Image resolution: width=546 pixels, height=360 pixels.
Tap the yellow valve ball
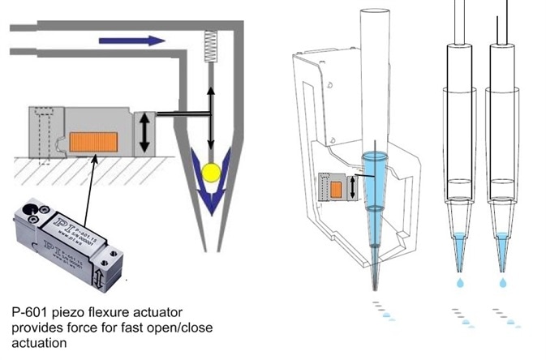pyautogui.click(x=212, y=170)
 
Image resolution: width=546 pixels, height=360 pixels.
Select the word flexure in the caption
pyautogui.click(x=102, y=312)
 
